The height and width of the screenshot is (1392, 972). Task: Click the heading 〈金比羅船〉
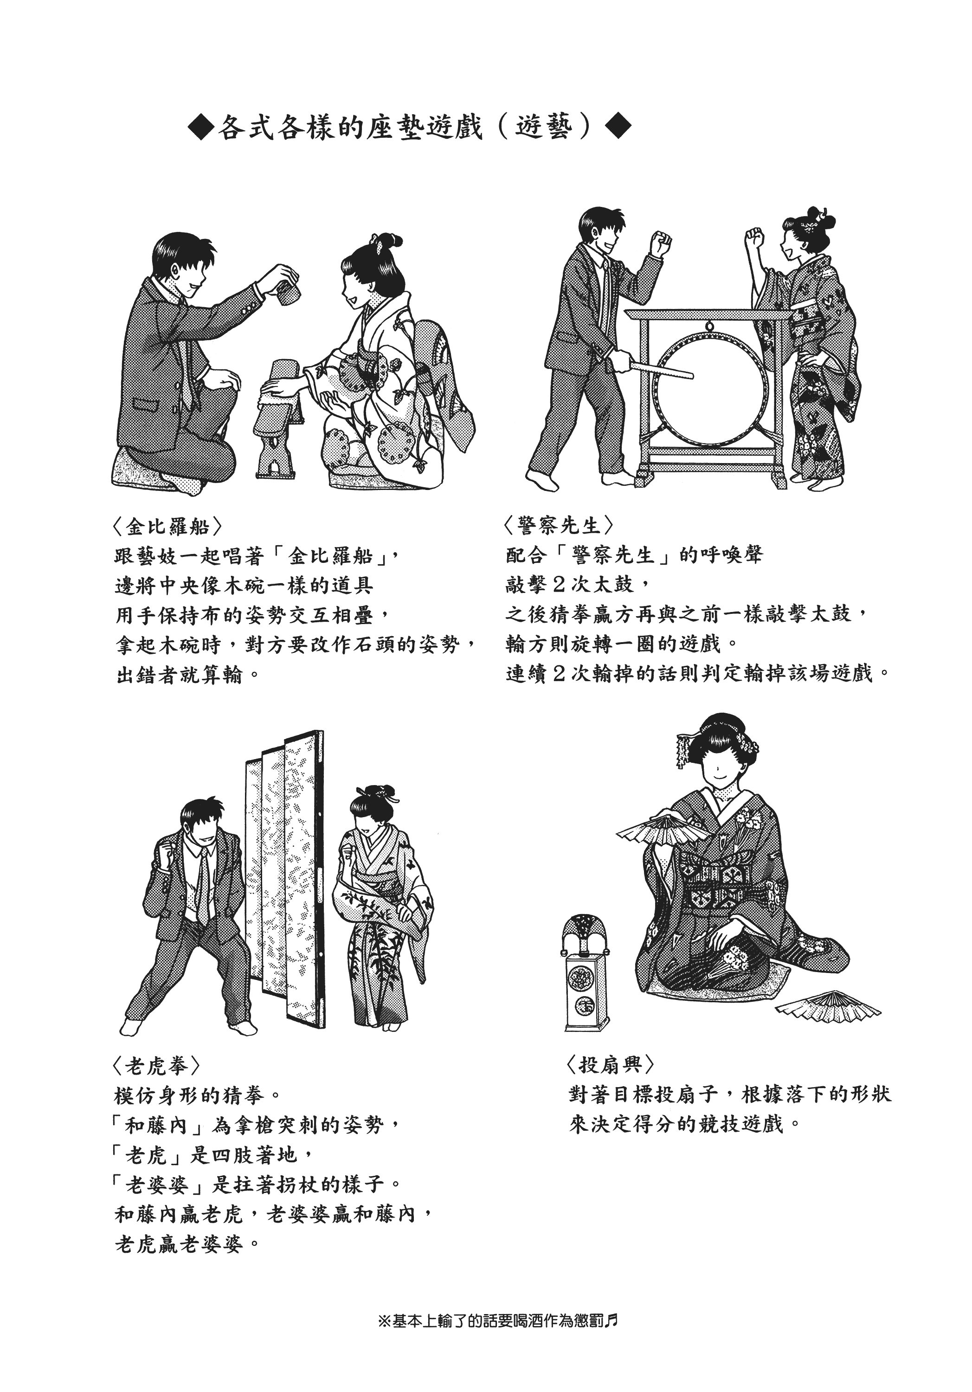[160, 526]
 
